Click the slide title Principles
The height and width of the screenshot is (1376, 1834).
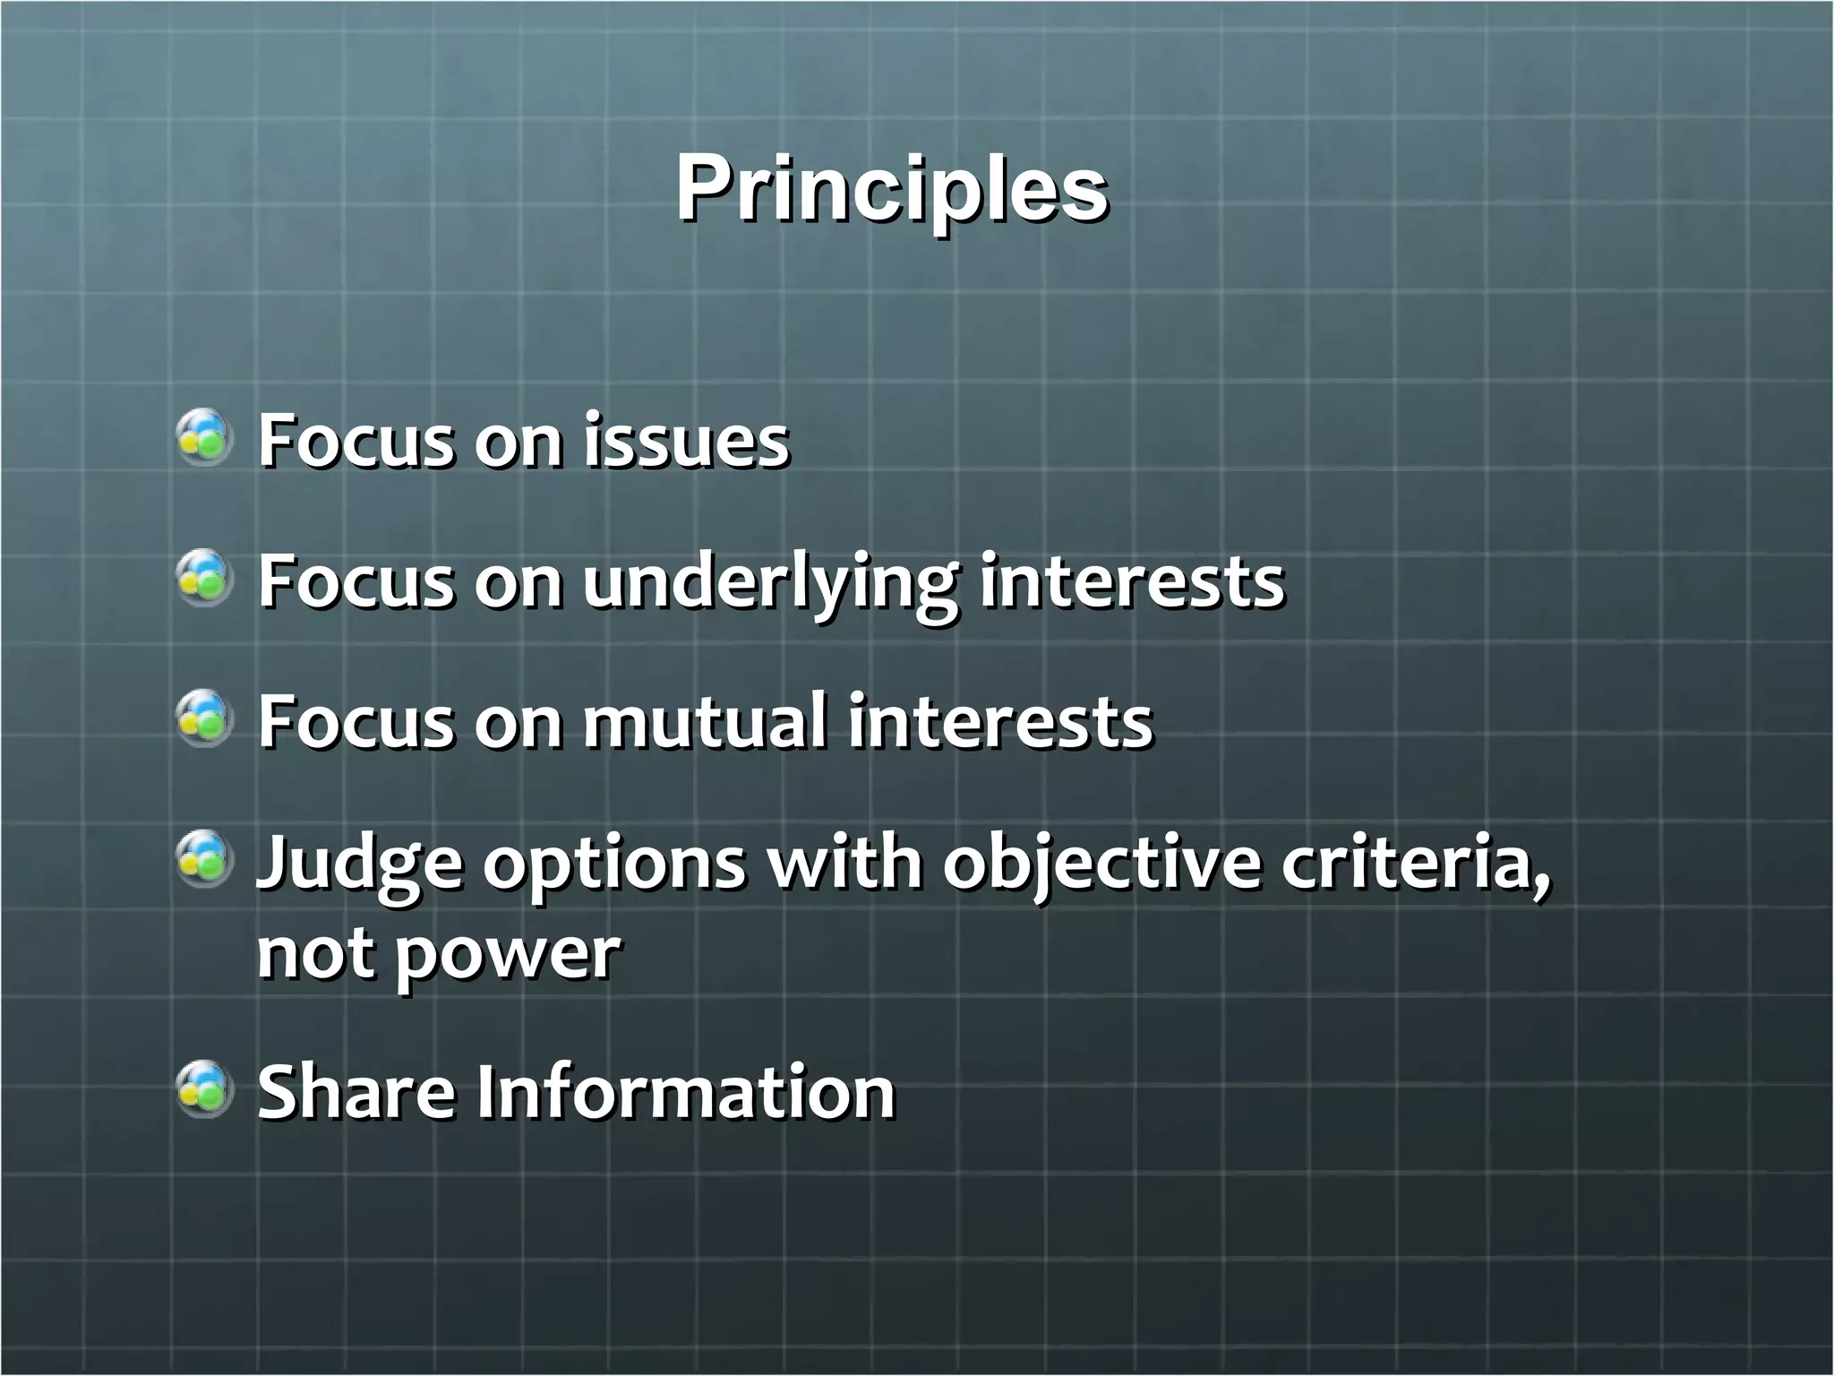coord(892,190)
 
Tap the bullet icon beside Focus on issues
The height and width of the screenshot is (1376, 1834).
coord(205,436)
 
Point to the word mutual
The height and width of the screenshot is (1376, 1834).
coord(705,721)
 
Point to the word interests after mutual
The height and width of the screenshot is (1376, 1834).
coord(1000,721)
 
